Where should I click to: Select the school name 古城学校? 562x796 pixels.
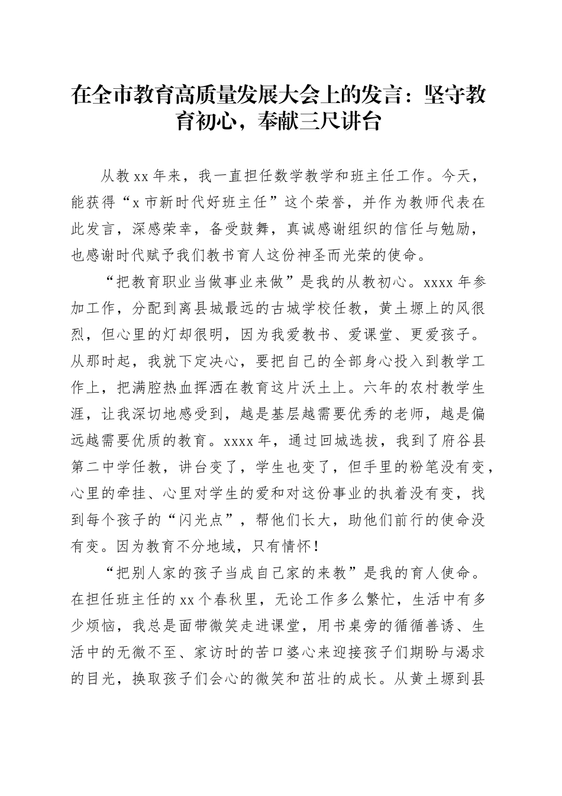pos(328,308)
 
